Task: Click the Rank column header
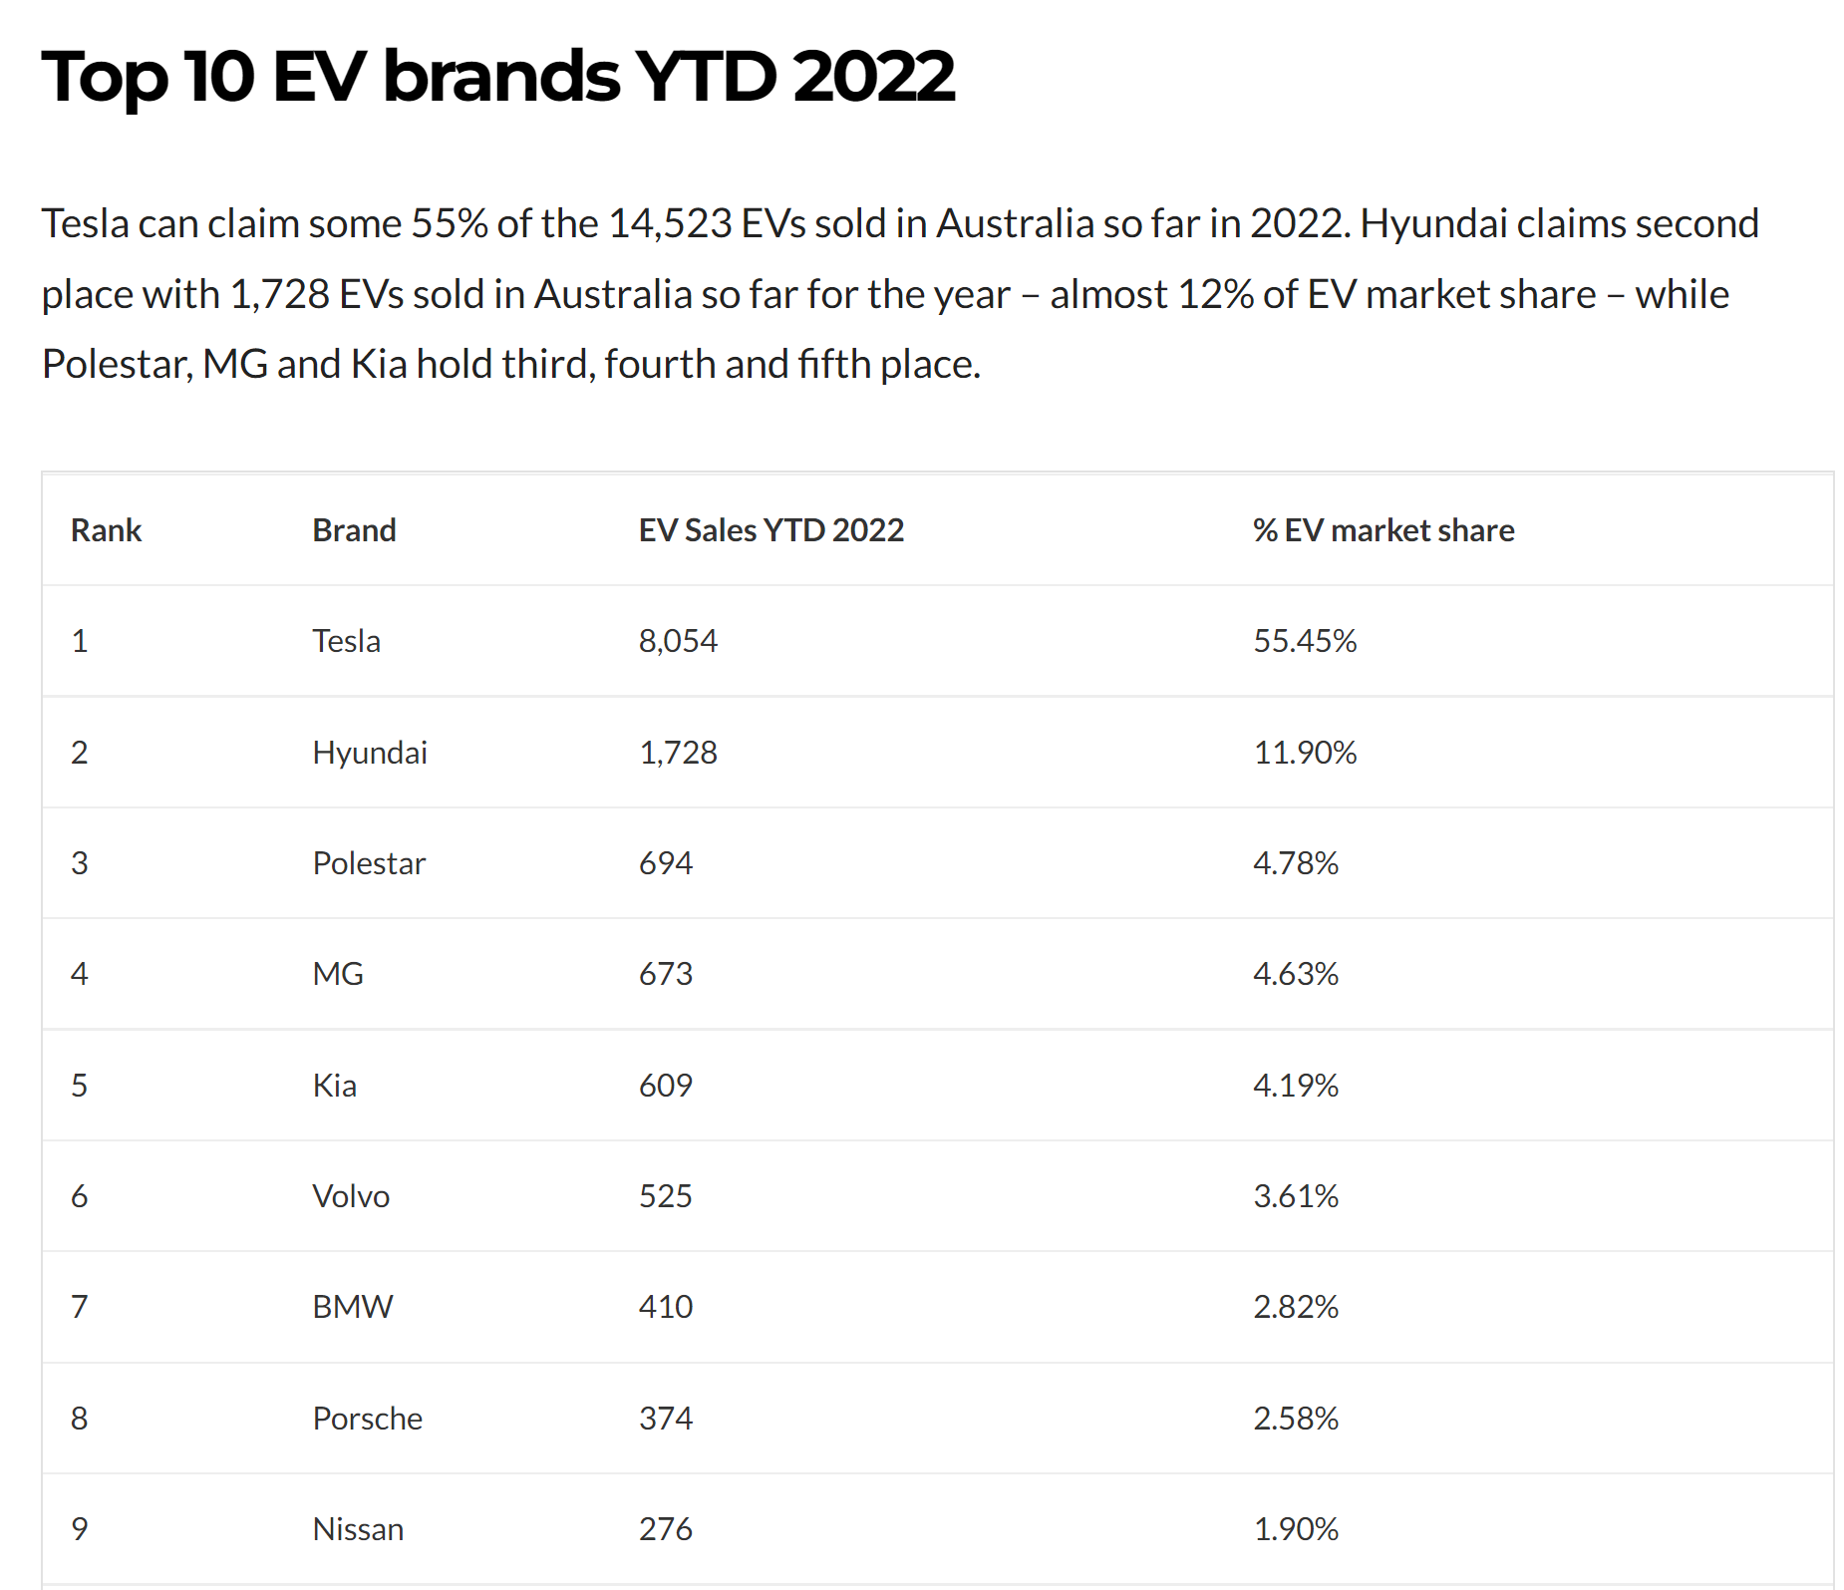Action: point(106,530)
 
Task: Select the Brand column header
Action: point(354,530)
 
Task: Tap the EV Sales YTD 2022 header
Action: point(770,530)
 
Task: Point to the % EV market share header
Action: point(1383,530)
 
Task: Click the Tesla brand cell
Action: point(346,641)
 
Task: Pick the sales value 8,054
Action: point(678,641)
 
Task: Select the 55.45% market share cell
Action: point(1304,641)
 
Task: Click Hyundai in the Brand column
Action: point(369,753)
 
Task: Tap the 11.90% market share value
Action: point(1304,753)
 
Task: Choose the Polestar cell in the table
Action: point(368,863)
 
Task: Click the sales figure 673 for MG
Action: point(665,974)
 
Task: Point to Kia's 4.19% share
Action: point(1295,1086)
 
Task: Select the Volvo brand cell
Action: point(350,1196)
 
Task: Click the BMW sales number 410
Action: point(665,1307)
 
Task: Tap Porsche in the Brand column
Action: point(367,1419)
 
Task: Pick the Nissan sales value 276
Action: point(665,1529)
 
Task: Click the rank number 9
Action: point(80,1529)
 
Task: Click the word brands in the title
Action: point(501,78)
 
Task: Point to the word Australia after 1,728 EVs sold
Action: point(613,295)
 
